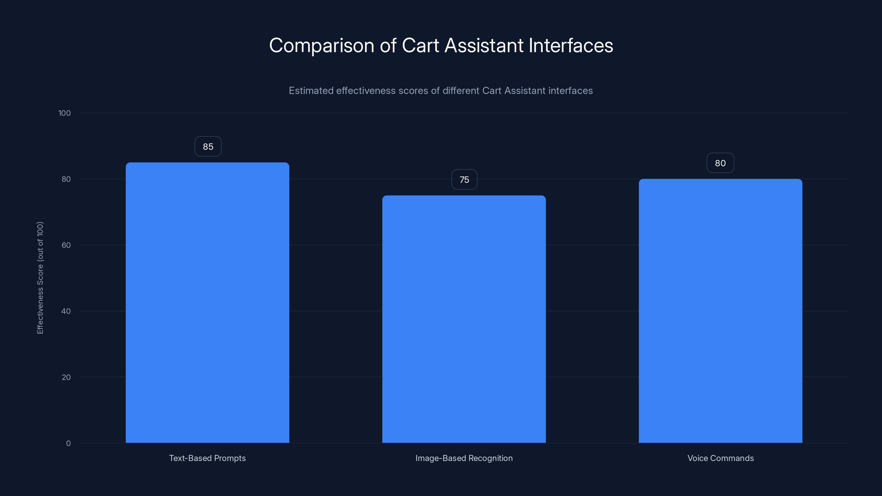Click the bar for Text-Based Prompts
[x=207, y=303]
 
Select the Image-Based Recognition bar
[x=464, y=319]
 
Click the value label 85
[x=208, y=147]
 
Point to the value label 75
[x=464, y=180]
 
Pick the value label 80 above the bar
[x=720, y=163]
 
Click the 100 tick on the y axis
[x=64, y=113]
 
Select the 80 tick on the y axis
[x=66, y=179]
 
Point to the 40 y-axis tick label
[x=66, y=311]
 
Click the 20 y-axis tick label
[x=66, y=378]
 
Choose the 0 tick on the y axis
[x=68, y=444]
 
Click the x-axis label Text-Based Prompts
[x=207, y=458]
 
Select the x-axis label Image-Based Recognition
[x=464, y=458]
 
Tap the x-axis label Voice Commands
[x=720, y=458]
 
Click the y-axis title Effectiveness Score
[x=40, y=277]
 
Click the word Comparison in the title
[x=321, y=46]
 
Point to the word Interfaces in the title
[x=571, y=45]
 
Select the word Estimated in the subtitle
[x=311, y=91]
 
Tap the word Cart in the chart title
[x=420, y=45]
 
